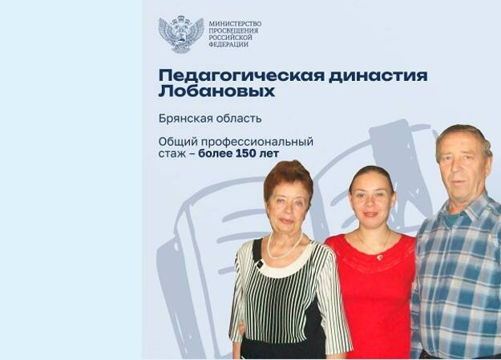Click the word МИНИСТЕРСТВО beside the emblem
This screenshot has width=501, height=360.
click(234, 23)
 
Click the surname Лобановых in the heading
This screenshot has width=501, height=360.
click(216, 91)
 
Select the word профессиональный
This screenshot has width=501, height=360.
click(264, 142)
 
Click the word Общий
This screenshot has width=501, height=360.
click(178, 142)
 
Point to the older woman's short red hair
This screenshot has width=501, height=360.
click(287, 172)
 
